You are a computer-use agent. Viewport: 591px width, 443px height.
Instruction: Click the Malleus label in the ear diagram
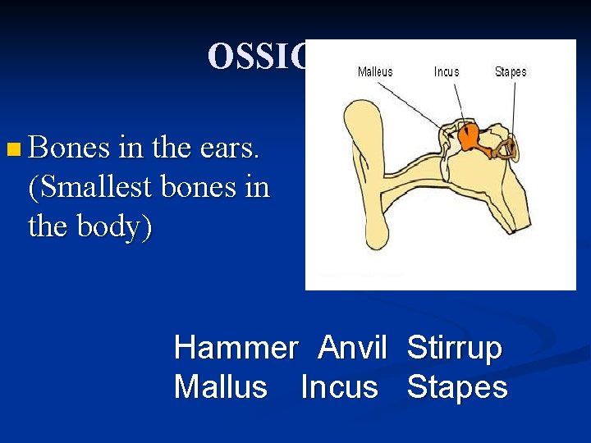[x=375, y=72]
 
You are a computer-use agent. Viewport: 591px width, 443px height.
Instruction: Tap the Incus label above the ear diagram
[x=447, y=72]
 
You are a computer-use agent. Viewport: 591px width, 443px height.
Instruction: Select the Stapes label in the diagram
[x=510, y=72]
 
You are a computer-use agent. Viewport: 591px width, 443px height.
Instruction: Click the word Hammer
[x=235, y=349]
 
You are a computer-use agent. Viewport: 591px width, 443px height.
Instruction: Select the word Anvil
[x=352, y=349]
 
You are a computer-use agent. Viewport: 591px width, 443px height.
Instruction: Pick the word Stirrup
[x=454, y=349]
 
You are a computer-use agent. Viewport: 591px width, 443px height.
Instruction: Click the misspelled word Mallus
[x=220, y=386]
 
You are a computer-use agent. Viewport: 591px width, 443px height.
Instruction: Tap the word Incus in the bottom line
[x=339, y=386]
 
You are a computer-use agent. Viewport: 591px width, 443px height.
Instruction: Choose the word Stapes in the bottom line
[x=457, y=386]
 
